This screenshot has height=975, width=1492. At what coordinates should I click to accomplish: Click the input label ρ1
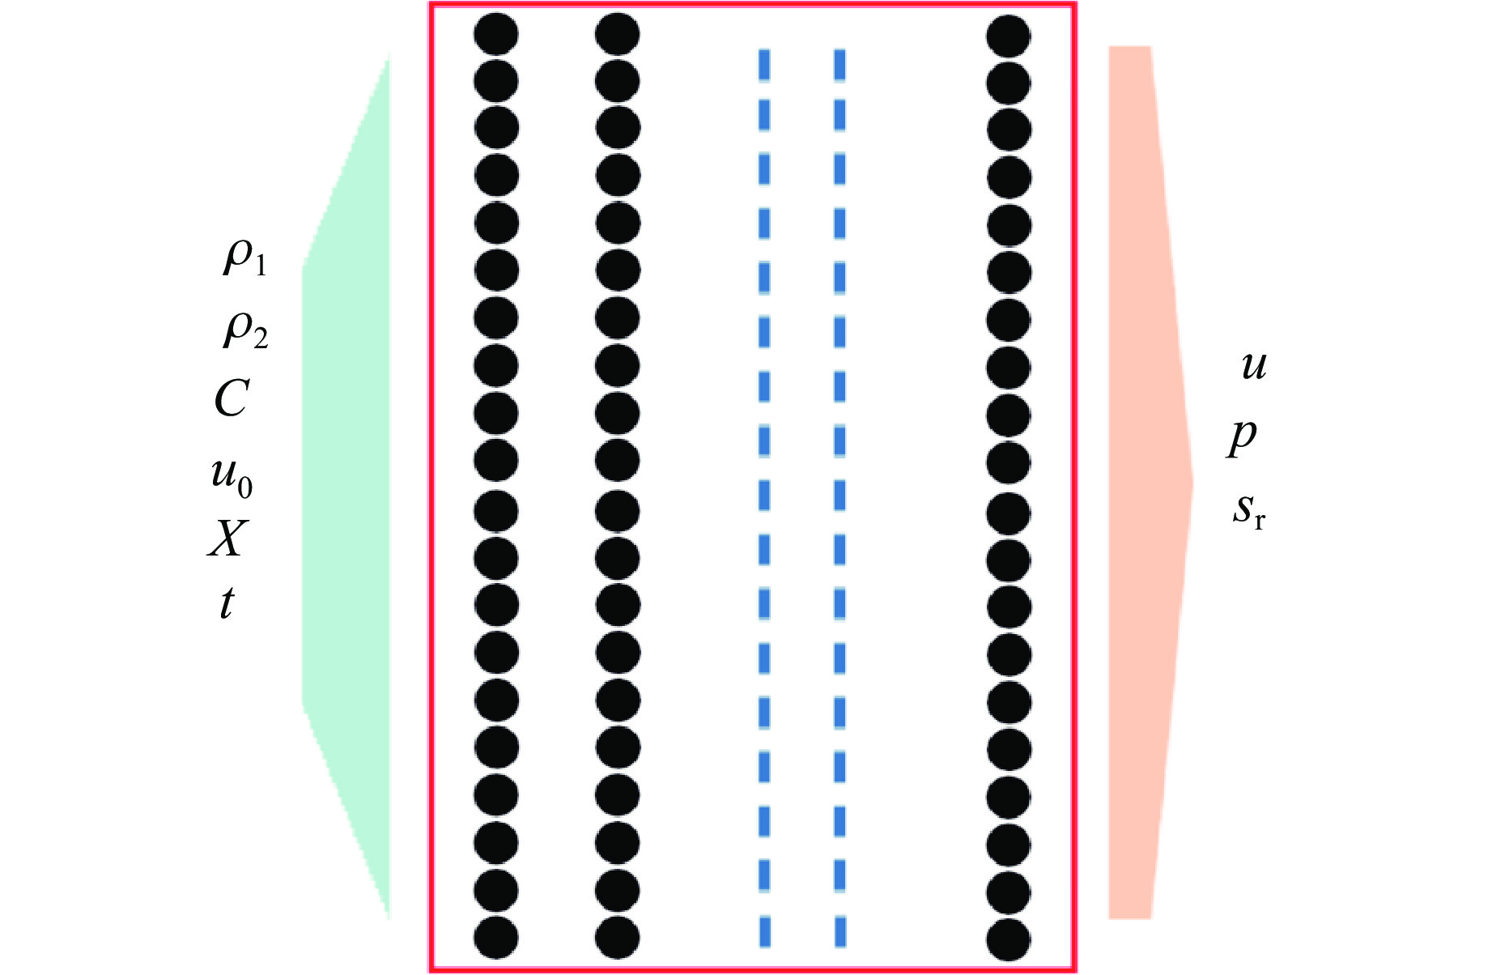pyautogui.click(x=244, y=259)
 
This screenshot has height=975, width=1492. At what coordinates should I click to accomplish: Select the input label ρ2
pyautogui.click(x=245, y=330)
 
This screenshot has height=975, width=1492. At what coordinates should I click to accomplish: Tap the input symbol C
pyautogui.click(x=232, y=398)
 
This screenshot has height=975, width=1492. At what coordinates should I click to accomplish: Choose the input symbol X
pyautogui.click(x=227, y=539)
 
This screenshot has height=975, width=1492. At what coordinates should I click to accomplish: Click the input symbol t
pyautogui.click(x=227, y=603)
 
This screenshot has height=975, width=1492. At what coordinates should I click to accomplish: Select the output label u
pyautogui.click(x=1253, y=366)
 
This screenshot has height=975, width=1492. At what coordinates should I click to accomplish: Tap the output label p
pyautogui.click(x=1242, y=437)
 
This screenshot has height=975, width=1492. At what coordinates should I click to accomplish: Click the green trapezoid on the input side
pyautogui.click(x=346, y=486)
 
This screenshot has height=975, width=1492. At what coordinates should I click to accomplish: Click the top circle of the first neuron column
pyautogui.click(x=495, y=35)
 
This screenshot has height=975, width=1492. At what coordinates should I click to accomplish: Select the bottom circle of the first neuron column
pyautogui.click(x=495, y=939)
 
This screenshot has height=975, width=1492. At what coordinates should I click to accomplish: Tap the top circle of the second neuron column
pyautogui.click(x=617, y=35)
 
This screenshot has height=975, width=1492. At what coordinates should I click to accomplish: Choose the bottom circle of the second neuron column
pyautogui.click(x=617, y=939)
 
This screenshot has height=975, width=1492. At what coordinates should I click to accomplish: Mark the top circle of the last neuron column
pyautogui.click(x=1009, y=36)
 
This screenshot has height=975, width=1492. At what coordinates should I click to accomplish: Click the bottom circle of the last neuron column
pyautogui.click(x=1009, y=940)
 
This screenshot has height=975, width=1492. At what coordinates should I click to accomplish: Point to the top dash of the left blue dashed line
pyautogui.click(x=764, y=65)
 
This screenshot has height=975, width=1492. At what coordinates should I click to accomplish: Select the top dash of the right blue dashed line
pyautogui.click(x=840, y=65)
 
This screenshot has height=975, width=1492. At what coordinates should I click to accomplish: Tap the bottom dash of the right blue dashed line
pyautogui.click(x=840, y=931)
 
